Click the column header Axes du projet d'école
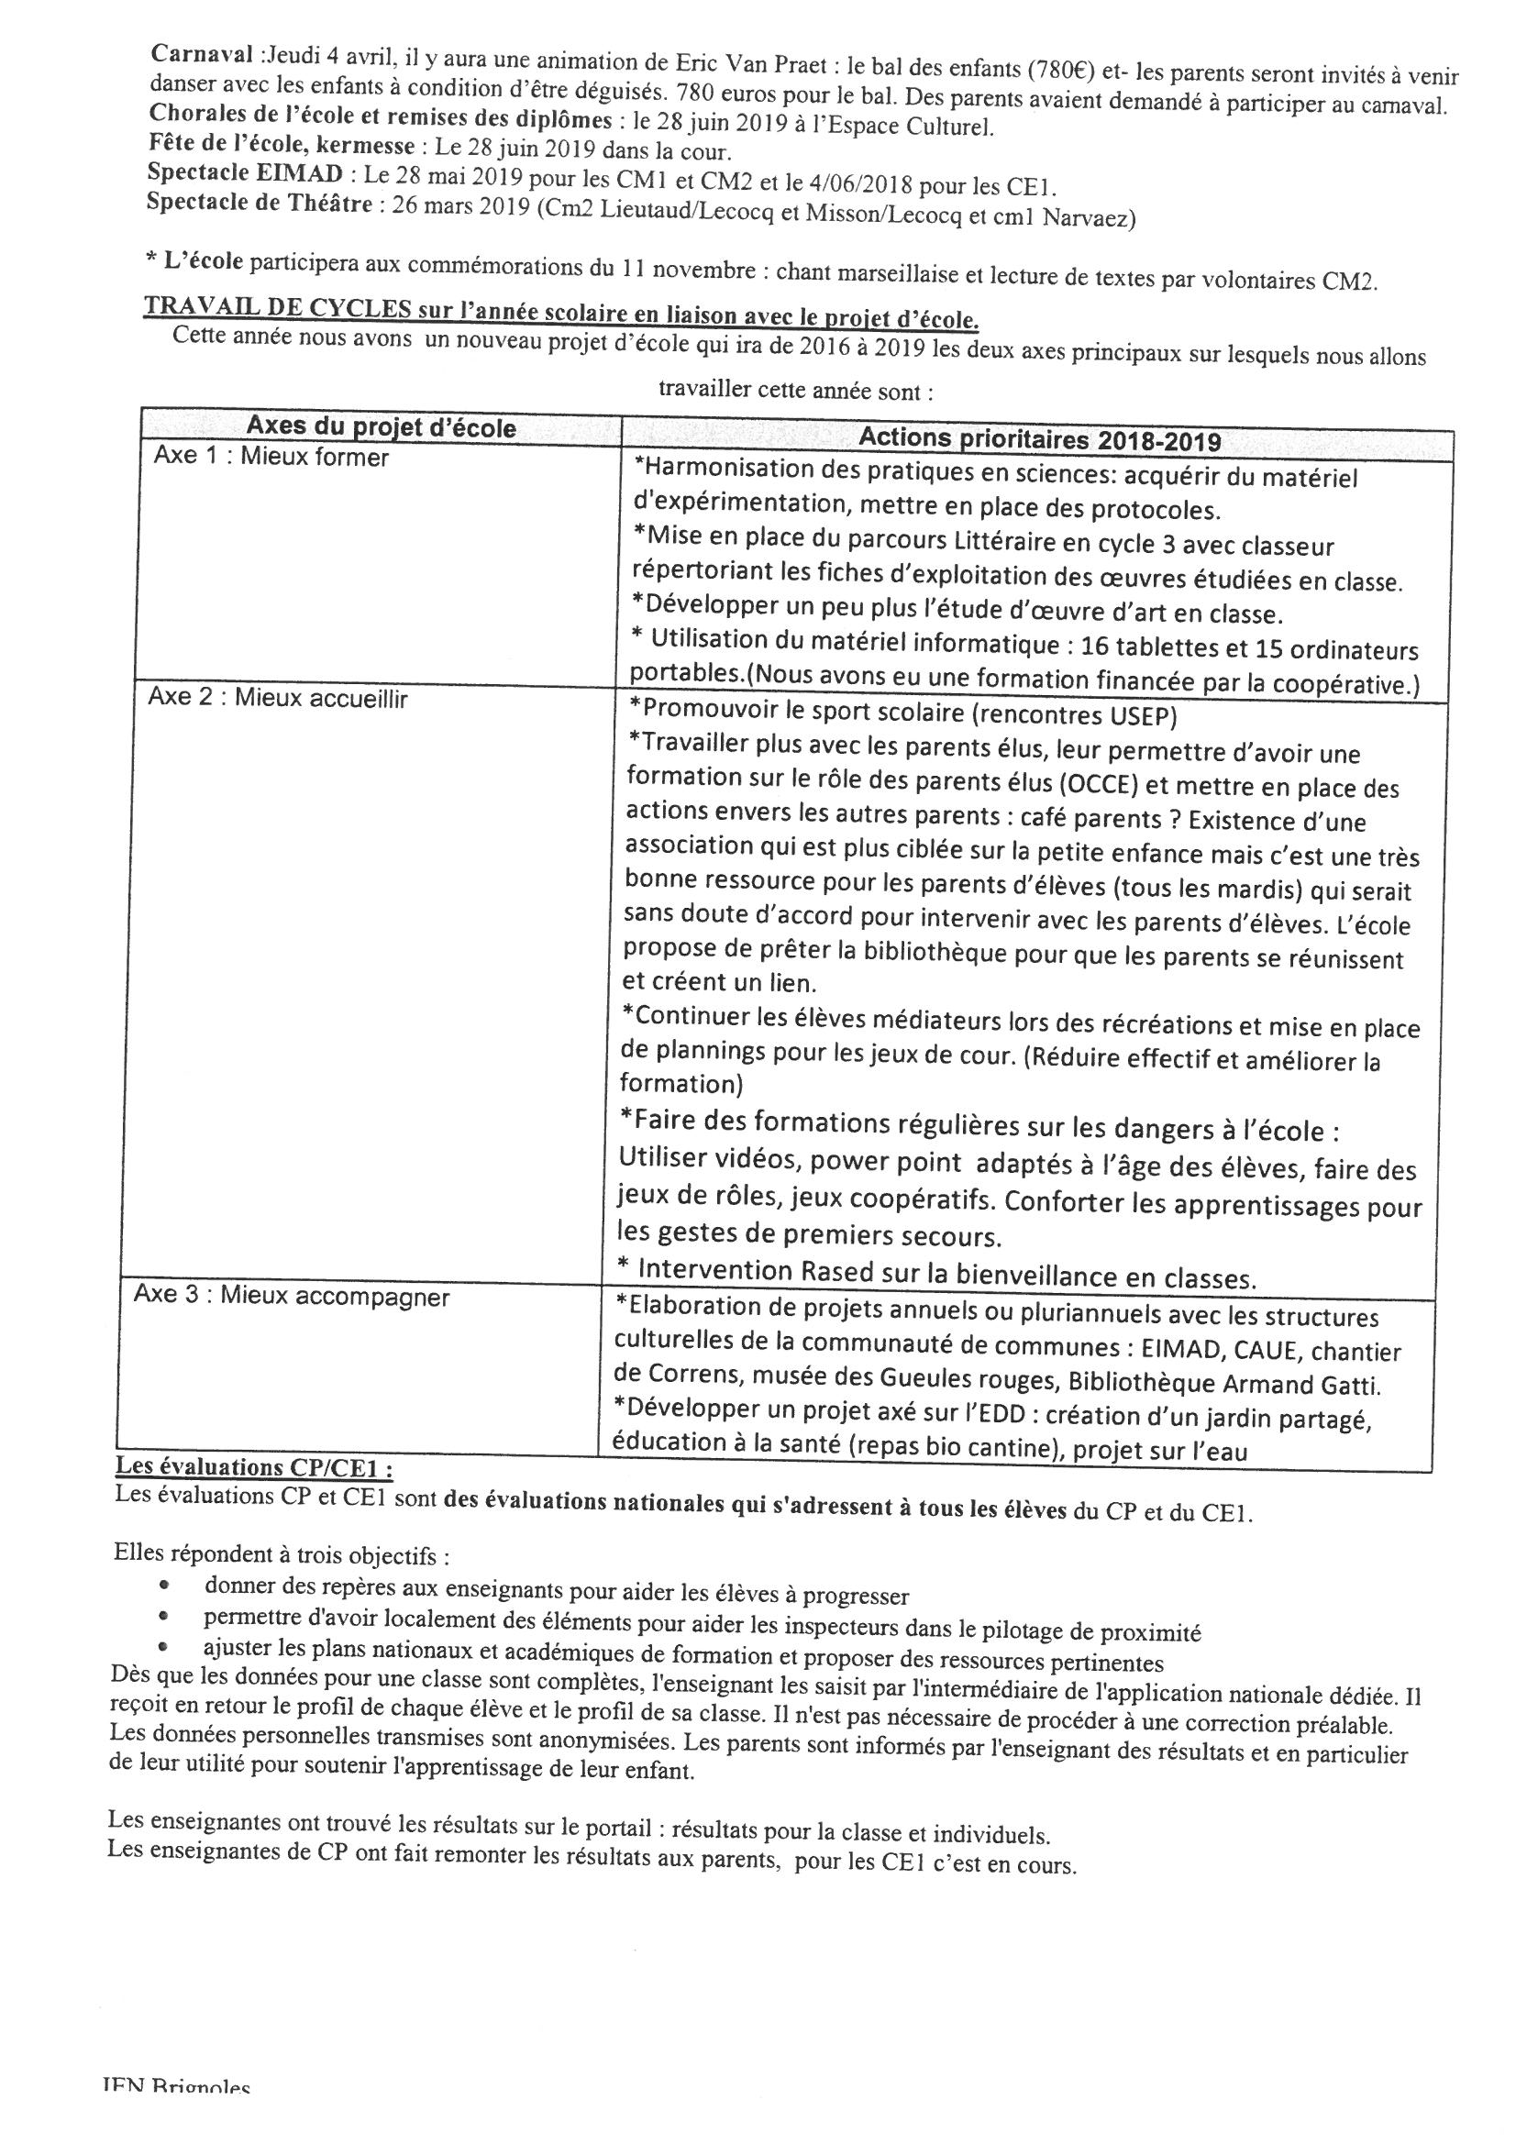click(x=381, y=427)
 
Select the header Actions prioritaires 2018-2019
click(x=1039, y=439)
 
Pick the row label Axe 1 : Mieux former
click(x=271, y=459)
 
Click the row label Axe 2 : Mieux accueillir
click(x=277, y=699)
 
